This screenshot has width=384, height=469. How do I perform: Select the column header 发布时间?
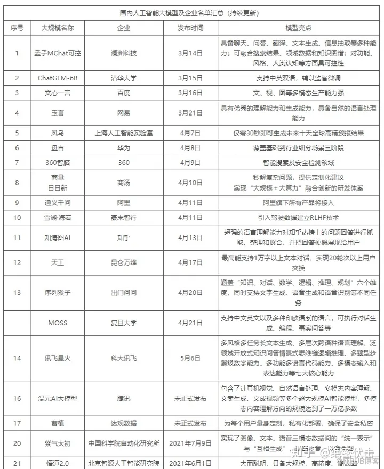tap(190, 27)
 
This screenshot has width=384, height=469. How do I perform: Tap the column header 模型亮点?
tap(298, 27)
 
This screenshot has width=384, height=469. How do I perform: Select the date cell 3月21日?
tap(190, 113)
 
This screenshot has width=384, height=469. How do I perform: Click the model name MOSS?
tap(58, 323)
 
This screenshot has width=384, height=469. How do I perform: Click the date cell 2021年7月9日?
tap(190, 442)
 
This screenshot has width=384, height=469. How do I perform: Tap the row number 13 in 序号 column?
tap(17, 292)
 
